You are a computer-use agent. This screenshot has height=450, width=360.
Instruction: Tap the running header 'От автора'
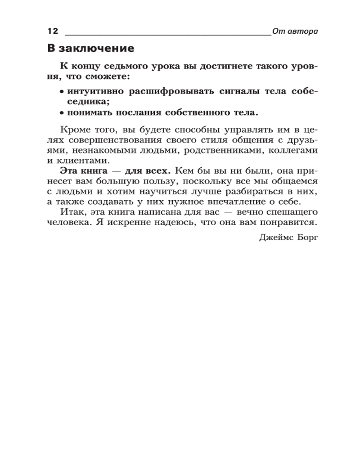point(295,31)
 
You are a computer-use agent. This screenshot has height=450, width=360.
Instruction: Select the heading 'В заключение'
point(91,48)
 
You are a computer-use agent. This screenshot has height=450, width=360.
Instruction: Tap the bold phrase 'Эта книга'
point(81,171)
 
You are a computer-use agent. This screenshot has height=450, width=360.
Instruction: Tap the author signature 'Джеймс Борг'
point(288,238)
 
